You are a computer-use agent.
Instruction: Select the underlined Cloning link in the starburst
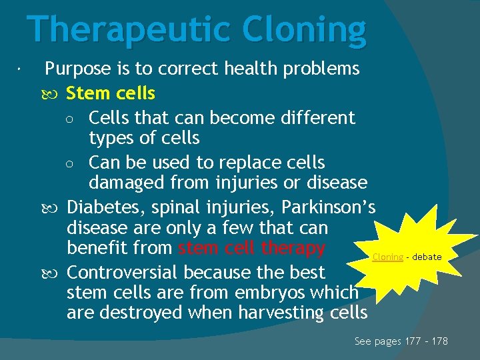pyautogui.click(x=387, y=257)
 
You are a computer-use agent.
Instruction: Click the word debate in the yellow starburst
pyautogui.click(x=426, y=257)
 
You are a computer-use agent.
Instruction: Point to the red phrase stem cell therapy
pyautogui.click(x=251, y=249)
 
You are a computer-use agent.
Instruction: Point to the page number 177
pyautogui.click(x=414, y=341)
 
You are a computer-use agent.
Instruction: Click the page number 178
pyautogui.click(x=439, y=341)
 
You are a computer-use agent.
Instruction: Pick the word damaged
pyautogui.click(x=129, y=182)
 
